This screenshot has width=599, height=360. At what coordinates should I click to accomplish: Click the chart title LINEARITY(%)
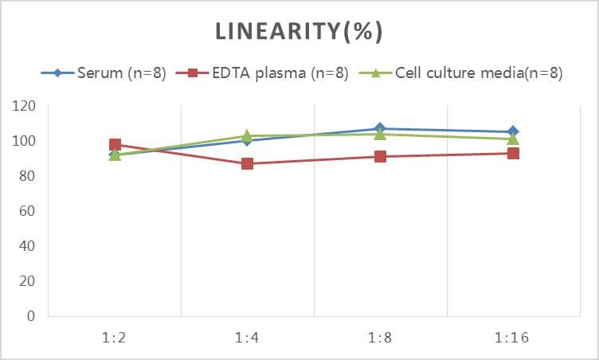(x=299, y=31)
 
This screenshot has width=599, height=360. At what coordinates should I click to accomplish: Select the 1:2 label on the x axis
(x=115, y=337)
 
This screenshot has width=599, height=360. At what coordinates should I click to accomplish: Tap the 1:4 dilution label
(x=247, y=337)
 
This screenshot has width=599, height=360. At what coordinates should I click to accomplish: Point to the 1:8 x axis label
(x=380, y=337)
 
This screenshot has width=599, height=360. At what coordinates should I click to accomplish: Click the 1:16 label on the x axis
(x=513, y=337)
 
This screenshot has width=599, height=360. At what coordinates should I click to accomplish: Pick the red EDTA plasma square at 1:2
(x=115, y=145)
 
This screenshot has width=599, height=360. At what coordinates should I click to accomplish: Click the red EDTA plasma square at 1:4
(x=247, y=164)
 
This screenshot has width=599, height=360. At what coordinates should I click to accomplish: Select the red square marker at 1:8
(x=380, y=157)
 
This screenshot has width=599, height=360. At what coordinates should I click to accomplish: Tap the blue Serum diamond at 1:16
(x=513, y=131)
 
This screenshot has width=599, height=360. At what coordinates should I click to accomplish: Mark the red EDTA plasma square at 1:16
(x=513, y=153)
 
